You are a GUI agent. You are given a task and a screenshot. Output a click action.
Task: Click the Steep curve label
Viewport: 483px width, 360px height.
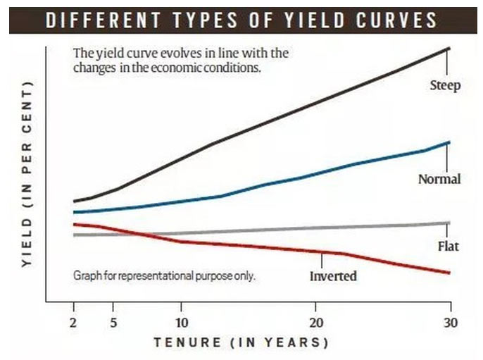click(444, 86)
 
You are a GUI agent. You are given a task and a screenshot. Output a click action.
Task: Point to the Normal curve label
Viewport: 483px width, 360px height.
click(439, 179)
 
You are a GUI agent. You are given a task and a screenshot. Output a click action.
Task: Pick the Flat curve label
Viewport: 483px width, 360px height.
click(448, 247)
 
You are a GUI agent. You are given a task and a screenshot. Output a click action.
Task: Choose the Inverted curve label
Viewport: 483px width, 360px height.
click(333, 275)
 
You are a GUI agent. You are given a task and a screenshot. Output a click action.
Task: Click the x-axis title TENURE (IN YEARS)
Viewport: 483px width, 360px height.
click(241, 343)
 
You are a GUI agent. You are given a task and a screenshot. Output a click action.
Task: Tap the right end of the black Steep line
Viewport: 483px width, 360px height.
click(449, 48)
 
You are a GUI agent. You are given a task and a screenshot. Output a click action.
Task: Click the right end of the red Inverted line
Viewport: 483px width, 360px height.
click(449, 273)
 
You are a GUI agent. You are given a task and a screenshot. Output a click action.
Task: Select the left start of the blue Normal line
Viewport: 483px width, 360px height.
click(74, 212)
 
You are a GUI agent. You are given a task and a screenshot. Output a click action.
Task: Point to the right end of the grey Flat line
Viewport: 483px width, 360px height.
click(449, 223)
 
